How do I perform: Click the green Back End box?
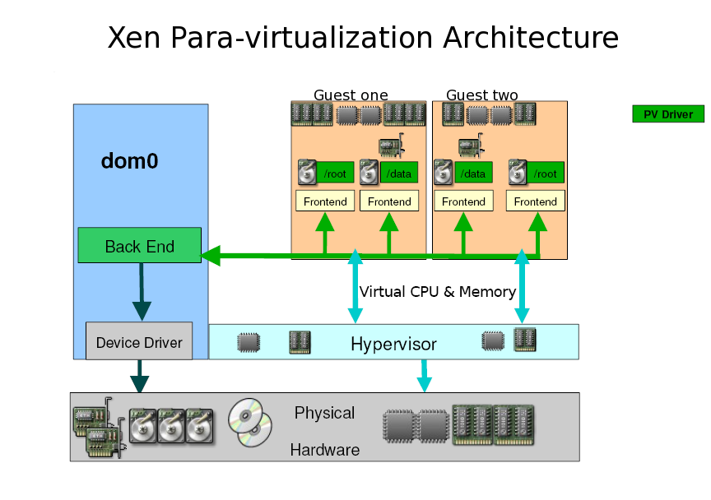[140, 245]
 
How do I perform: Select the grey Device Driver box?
[139, 341]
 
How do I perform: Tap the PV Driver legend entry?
[668, 113]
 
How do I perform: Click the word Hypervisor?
[393, 344]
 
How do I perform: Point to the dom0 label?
[130, 161]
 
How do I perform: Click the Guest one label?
[351, 95]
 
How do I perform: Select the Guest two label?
[482, 95]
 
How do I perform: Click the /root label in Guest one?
[335, 174]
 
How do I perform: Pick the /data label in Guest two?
[473, 174]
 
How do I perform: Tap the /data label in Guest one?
[398, 174]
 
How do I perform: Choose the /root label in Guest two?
[546, 174]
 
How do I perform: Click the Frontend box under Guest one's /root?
[325, 201]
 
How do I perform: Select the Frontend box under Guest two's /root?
[536, 201]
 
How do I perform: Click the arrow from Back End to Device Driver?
[142, 292]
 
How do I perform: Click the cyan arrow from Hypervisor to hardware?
[424, 376]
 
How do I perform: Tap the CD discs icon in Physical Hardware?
[250, 422]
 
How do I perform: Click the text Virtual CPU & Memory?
[438, 291]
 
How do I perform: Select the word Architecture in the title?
[531, 37]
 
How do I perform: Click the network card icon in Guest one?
[392, 145]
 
